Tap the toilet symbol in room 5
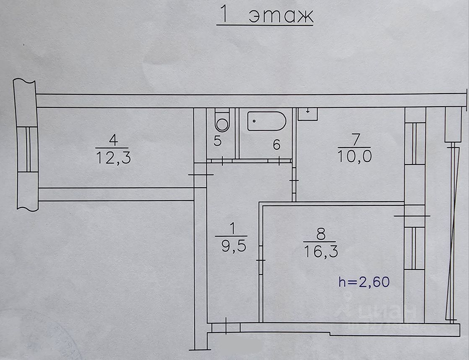[x=221, y=120]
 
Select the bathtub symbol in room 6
[x=266, y=121]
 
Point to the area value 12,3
[x=114, y=158]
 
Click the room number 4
[x=112, y=139]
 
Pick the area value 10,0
[x=354, y=157]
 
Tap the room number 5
[x=217, y=141]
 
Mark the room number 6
[x=276, y=145]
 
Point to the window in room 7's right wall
[x=415, y=143]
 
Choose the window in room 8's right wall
[x=415, y=248]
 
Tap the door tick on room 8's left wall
[x=261, y=261]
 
